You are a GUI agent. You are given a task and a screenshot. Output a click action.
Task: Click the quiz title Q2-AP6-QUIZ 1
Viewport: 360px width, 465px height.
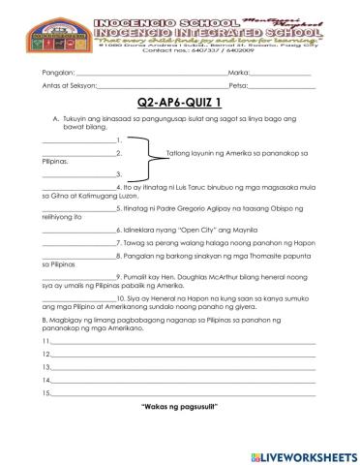(x=180, y=102)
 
